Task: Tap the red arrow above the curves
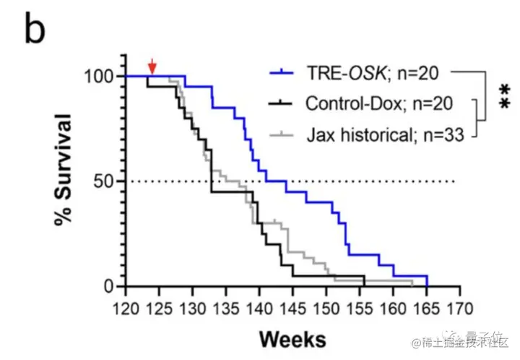[152, 66]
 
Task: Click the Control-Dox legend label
[378, 103]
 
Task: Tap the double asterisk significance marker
[503, 98]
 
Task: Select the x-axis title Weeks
[292, 338]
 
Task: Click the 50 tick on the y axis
[102, 181]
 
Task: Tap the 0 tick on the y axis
[107, 287]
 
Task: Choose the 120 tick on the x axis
[126, 309]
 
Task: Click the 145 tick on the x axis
[292, 309]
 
